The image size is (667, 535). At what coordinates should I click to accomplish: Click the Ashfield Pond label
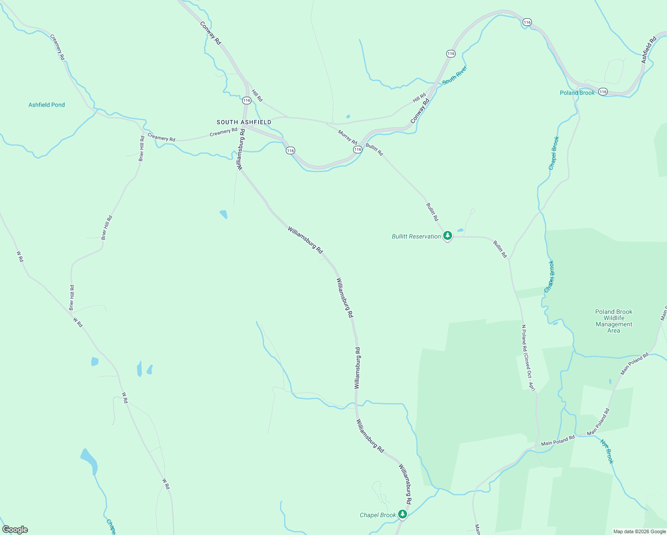click(46, 105)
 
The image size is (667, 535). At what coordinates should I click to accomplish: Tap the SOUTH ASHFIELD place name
click(244, 122)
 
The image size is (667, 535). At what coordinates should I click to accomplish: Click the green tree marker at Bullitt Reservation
click(447, 236)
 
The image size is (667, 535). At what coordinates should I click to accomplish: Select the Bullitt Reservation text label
click(416, 236)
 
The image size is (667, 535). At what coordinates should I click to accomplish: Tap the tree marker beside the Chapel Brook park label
click(403, 514)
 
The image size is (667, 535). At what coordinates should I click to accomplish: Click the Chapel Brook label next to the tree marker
click(378, 515)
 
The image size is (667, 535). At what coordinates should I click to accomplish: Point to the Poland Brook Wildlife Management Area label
click(613, 321)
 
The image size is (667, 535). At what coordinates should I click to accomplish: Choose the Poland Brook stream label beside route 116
click(577, 93)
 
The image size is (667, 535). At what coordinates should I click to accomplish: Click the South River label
click(454, 75)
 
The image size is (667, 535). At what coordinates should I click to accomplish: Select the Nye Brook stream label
click(607, 451)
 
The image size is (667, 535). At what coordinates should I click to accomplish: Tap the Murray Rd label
click(347, 137)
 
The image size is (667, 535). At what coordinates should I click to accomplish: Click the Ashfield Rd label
click(649, 49)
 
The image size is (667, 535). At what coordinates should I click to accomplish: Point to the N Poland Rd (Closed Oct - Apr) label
click(528, 358)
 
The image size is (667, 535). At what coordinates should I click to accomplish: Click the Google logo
click(15, 530)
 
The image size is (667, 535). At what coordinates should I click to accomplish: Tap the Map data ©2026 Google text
click(639, 531)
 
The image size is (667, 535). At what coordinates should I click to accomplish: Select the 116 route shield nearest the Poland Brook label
click(603, 91)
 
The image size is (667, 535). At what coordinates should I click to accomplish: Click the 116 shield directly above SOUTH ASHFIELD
click(247, 100)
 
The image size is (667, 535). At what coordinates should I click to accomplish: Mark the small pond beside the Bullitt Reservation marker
click(460, 230)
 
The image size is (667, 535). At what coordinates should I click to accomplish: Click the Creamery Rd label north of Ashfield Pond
click(58, 47)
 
